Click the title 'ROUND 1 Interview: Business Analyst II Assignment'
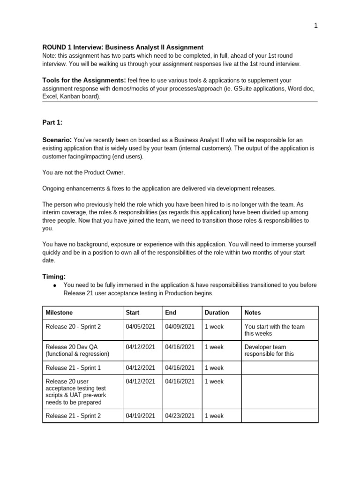(x=123, y=47)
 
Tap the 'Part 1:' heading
(x=52, y=122)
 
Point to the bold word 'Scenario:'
(x=57, y=140)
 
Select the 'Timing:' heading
(x=54, y=277)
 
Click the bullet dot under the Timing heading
(x=55, y=285)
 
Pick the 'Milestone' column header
(x=59, y=313)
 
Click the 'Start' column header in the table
(x=133, y=313)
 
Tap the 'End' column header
(x=171, y=313)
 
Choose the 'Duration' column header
(x=217, y=313)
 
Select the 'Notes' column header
(x=253, y=313)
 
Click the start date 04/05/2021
(x=140, y=326)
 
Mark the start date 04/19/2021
(x=140, y=416)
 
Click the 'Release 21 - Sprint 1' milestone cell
(x=73, y=368)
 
